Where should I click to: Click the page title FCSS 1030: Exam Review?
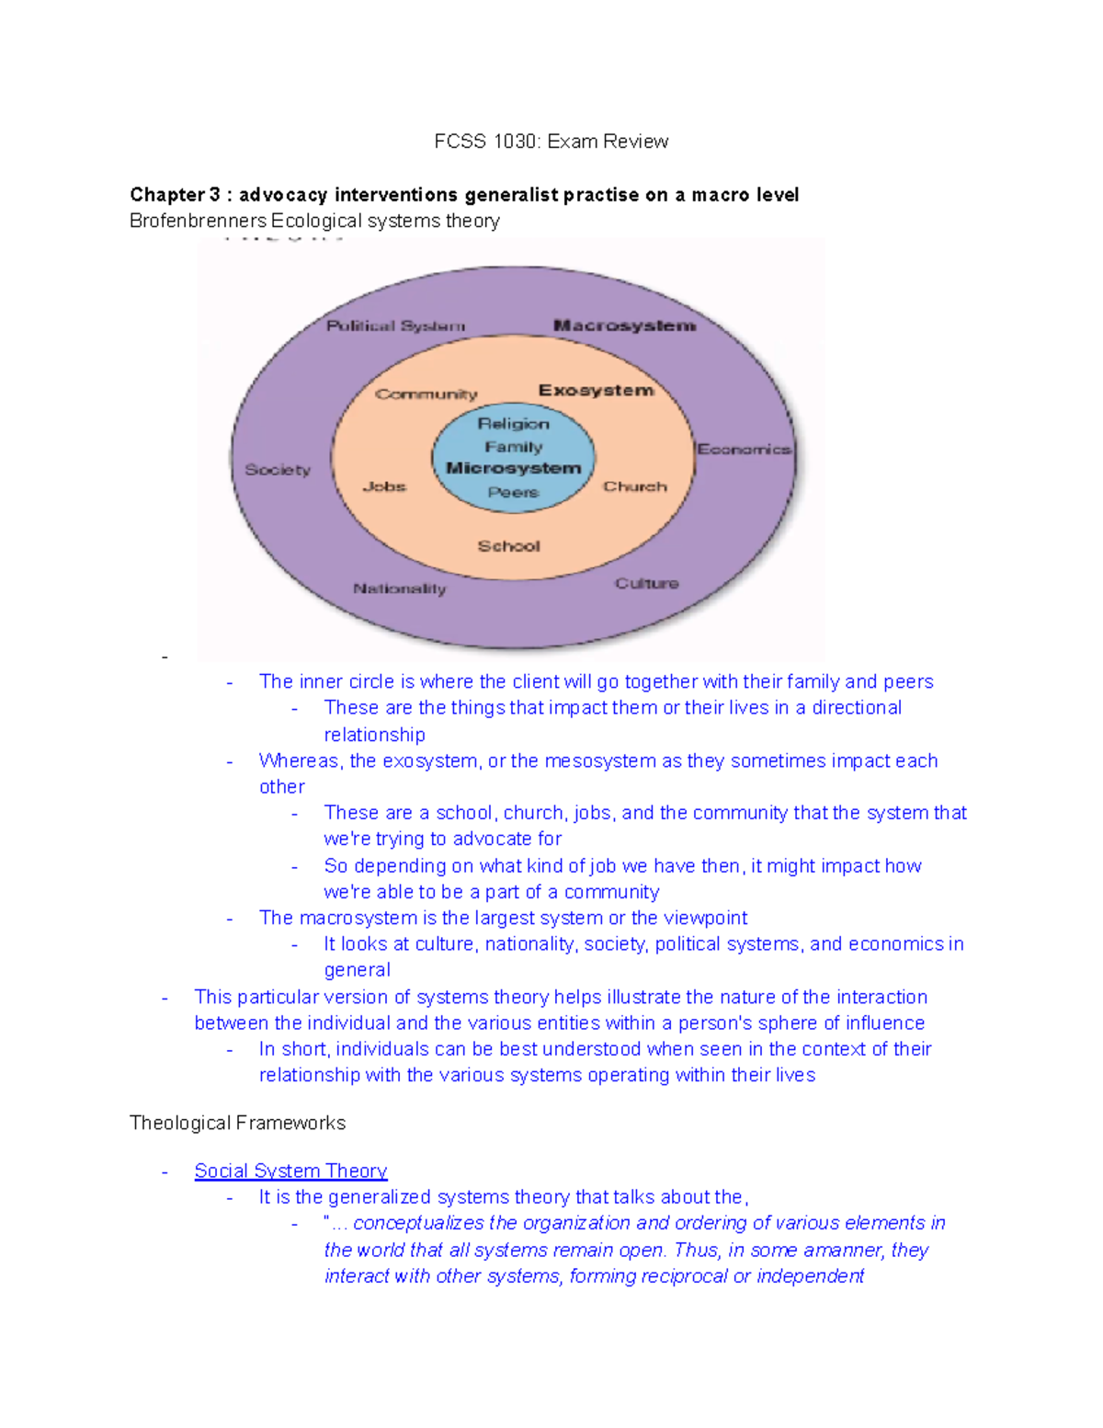pyautogui.click(x=551, y=142)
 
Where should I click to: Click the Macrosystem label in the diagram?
pyautogui.click(x=624, y=326)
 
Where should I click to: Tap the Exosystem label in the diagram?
pyautogui.click(x=596, y=391)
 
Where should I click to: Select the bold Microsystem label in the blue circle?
pyautogui.click(x=513, y=468)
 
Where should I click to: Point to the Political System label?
pyautogui.click(x=395, y=326)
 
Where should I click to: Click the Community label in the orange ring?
pyautogui.click(x=426, y=394)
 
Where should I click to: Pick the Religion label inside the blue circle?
pyautogui.click(x=513, y=424)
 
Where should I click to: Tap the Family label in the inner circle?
pyautogui.click(x=513, y=447)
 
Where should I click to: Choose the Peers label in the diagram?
pyautogui.click(x=513, y=492)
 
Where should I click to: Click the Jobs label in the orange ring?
pyautogui.click(x=384, y=486)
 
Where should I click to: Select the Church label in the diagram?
pyautogui.click(x=634, y=486)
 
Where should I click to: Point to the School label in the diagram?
pyautogui.click(x=508, y=546)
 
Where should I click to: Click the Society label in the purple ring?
pyautogui.click(x=278, y=470)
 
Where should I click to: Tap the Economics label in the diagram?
pyautogui.click(x=744, y=450)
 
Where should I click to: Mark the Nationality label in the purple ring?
pyautogui.click(x=399, y=588)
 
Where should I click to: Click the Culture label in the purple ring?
pyautogui.click(x=646, y=584)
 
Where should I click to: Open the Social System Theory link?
pyautogui.click(x=290, y=1171)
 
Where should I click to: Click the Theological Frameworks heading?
pyautogui.click(x=237, y=1123)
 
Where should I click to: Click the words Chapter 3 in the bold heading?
pyautogui.click(x=175, y=195)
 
